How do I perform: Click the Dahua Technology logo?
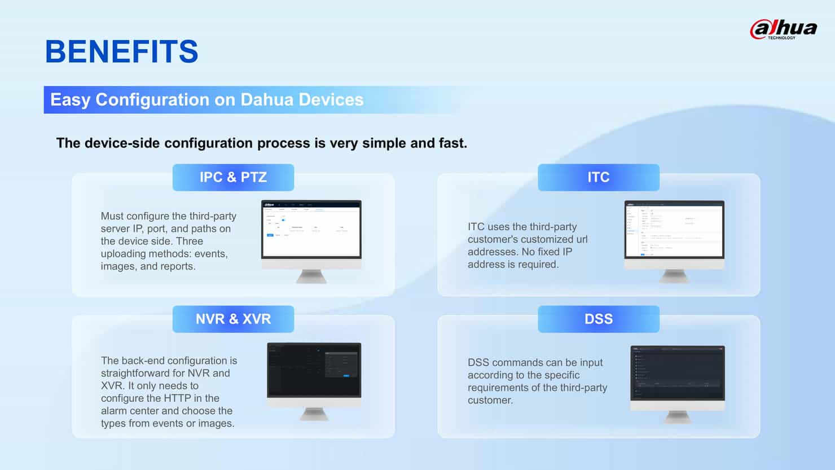pos(783,29)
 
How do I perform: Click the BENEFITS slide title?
pos(121,51)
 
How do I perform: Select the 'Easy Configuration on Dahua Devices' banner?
pos(206,100)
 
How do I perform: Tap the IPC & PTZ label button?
pos(233,177)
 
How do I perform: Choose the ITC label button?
pos(598,177)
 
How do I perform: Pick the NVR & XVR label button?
pos(233,319)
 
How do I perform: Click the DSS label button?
pos(598,319)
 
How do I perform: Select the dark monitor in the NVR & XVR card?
pos(314,371)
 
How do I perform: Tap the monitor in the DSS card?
pos(677,374)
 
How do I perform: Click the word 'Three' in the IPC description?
pos(189,241)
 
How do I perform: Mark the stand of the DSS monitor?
pos(677,417)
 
